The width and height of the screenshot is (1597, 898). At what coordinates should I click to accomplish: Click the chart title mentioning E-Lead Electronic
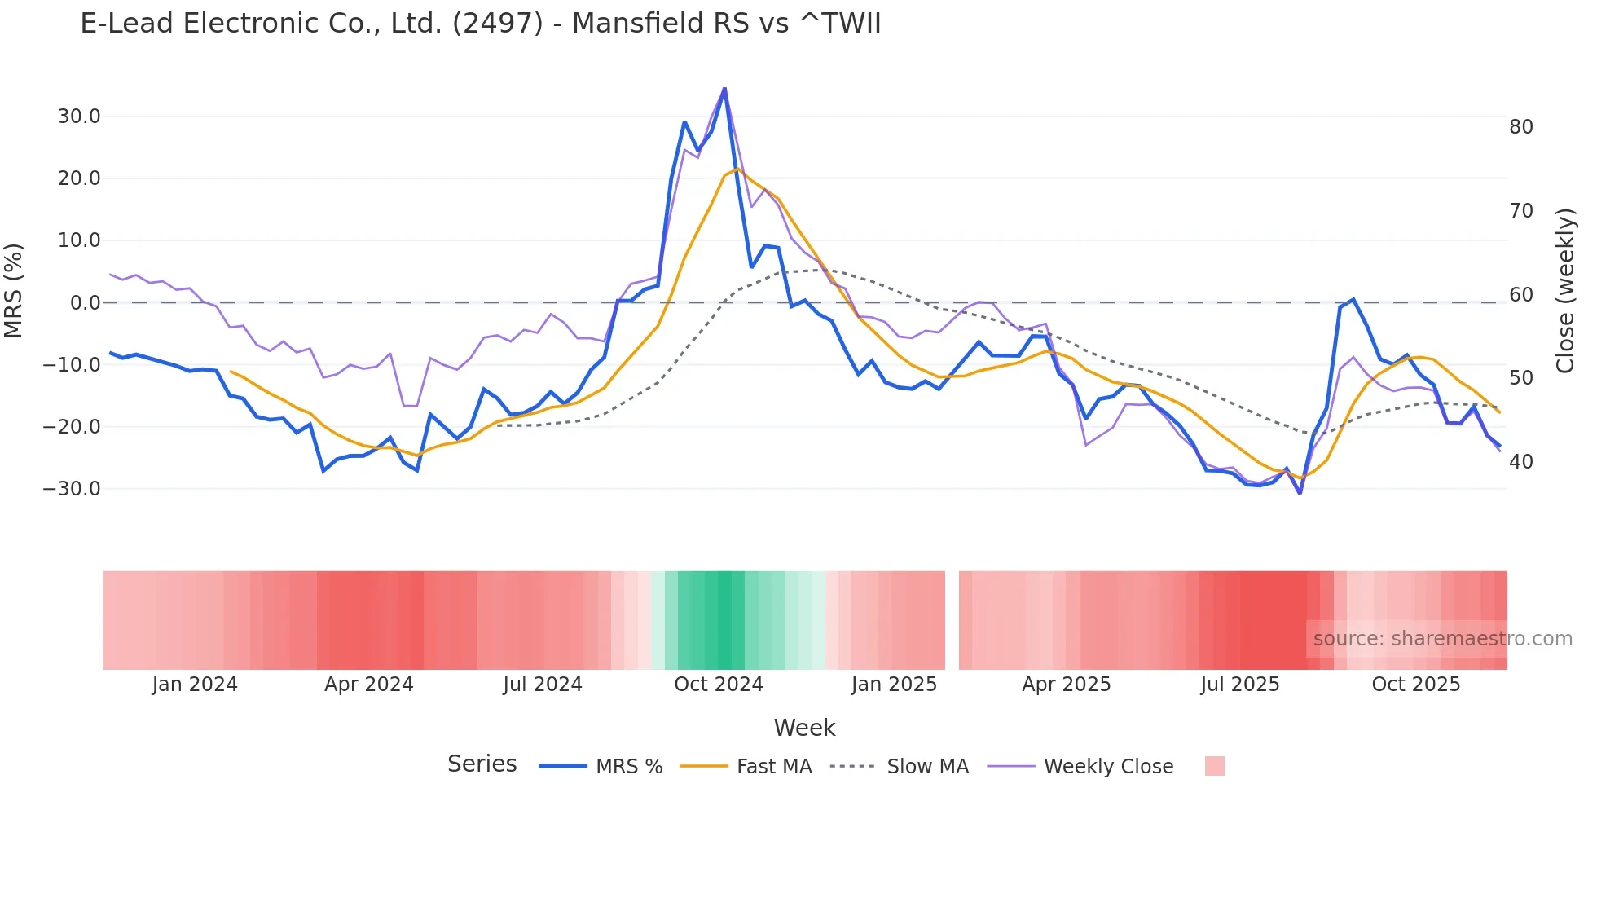tap(481, 24)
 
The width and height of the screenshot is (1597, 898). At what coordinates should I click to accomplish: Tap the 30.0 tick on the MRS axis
tap(79, 117)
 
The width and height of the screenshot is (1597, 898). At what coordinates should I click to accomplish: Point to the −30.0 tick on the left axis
tap(73, 489)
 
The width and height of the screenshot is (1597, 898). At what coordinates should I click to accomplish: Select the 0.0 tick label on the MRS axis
tap(86, 303)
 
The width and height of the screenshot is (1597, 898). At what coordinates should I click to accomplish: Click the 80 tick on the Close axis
tap(1521, 127)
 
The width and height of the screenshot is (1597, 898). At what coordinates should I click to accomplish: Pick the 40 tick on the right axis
tap(1521, 462)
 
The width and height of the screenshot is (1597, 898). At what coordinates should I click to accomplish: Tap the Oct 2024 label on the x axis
tap(719, 685)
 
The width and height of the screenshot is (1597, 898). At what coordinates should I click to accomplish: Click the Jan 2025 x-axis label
tap(895, 685)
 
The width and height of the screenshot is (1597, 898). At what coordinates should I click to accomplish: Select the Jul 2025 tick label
tap(1240, 685)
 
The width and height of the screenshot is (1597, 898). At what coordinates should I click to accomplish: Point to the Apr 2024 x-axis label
tap(369, 685)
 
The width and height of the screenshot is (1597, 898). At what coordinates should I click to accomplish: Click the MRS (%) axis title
tap(14, 291)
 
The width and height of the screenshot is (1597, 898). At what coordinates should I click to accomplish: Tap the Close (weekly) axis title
tap(1565, 291)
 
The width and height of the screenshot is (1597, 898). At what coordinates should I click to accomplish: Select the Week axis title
tap(804, 728)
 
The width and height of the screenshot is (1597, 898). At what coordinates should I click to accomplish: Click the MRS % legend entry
tap(629, 767)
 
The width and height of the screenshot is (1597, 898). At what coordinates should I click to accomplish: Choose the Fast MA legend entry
tap(774, 767)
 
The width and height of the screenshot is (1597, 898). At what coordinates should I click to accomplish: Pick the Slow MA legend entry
tap(927, 767)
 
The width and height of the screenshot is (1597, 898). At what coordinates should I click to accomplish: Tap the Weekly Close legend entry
tap(1108, 767)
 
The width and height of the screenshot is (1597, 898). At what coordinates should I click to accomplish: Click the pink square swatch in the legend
tap(1215, 766)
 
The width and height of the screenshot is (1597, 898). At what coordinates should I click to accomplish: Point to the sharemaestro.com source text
tap(1442, 639)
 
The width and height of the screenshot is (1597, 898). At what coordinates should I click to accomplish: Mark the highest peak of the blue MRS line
tap(724, 89)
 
